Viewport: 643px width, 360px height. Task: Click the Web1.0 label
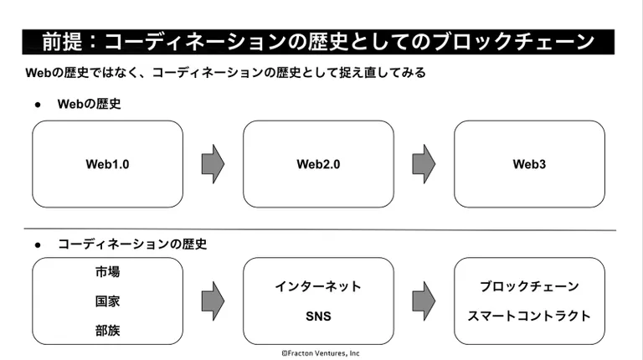[x=107, y=164]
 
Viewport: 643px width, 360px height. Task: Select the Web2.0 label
[x=318, y=164]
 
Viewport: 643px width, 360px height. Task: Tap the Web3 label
[x=529, y=164]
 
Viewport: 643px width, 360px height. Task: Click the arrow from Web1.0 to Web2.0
[x=213, y=164]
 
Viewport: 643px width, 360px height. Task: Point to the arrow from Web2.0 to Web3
[x=424, y=164]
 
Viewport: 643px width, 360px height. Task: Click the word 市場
[x=107, y=272]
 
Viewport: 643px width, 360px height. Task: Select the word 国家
[x=107, y=301]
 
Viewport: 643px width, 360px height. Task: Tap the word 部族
[x=107, y=331]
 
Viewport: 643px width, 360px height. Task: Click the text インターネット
[x=318, y=286]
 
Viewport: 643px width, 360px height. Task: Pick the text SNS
[x=318, y=316]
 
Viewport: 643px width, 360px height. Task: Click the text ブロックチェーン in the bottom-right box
[x=529, y=286]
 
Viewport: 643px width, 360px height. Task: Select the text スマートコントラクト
[x=529, y=316]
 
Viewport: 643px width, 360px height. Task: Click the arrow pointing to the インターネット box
[x=213, y=301]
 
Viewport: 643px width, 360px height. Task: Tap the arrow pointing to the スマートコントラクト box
[x=424, y=301]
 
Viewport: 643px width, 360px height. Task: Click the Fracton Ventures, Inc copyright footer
[x=321, y=353]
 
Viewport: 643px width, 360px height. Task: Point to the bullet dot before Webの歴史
[x=38, y=105]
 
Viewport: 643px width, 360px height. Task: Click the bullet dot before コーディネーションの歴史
[x=38, y=245]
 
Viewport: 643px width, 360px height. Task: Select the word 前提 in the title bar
[x=62, y=41]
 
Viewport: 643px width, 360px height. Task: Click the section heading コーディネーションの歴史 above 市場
[x=132, y=244]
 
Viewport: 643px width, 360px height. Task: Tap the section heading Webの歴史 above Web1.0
[x=90, y=104]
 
